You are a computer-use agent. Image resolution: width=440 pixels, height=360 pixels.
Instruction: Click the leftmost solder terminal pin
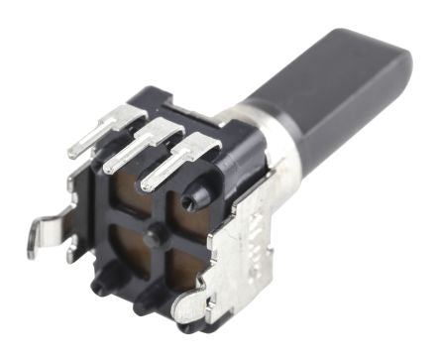95,139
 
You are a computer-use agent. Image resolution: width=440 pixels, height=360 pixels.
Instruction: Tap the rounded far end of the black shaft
397,63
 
